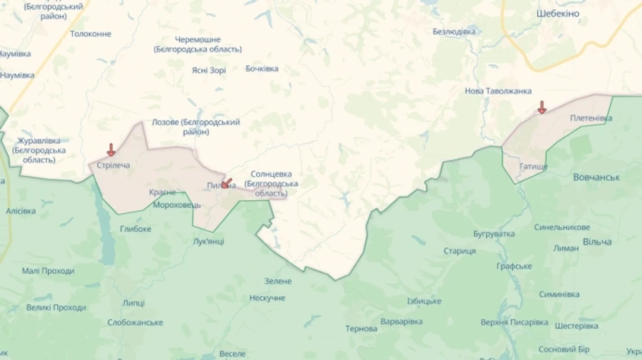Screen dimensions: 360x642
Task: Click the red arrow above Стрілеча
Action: click(x=111, y=150)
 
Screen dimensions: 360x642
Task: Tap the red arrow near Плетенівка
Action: click(x=541, y=108)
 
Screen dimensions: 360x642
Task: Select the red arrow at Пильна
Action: click(x=226, y=183)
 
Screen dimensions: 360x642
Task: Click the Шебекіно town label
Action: click(x=557, y=14)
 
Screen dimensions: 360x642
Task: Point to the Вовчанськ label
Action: click(x=596, y=177)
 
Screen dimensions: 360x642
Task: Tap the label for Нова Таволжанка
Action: click(x=498, y=91)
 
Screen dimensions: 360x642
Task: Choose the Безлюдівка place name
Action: click(x=454, y=32)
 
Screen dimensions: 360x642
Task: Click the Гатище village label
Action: click(x=534, y=166)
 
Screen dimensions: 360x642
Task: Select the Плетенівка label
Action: click(x=591, y=118)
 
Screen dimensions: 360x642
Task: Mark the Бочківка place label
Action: click(x=262, y=69)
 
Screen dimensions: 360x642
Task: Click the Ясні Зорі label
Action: click(x=209, y=70)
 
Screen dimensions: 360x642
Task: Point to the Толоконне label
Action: click(x=91, y=34)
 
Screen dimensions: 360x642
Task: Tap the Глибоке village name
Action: click(x=136, y=229)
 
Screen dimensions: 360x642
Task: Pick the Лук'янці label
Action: click(x=208, y=241)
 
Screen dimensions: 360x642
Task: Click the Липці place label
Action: click(x=133, y=303)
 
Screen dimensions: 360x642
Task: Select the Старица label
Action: click(x=459, y=251)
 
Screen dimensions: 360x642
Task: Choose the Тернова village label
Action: click(x=361, y=329)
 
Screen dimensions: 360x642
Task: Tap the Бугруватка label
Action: click(x=494, y=234)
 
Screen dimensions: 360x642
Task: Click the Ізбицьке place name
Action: click(x=424, y=301)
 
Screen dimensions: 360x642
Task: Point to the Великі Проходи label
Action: click(x=56, y=308)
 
